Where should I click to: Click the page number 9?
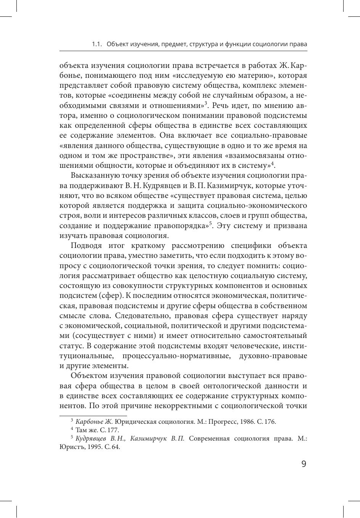304,464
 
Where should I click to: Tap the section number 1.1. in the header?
97,44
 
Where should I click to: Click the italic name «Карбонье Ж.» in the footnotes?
94,421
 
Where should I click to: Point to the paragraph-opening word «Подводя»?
87,246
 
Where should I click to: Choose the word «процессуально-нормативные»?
177,356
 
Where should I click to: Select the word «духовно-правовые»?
273,356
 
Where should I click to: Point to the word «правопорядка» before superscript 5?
180,226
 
